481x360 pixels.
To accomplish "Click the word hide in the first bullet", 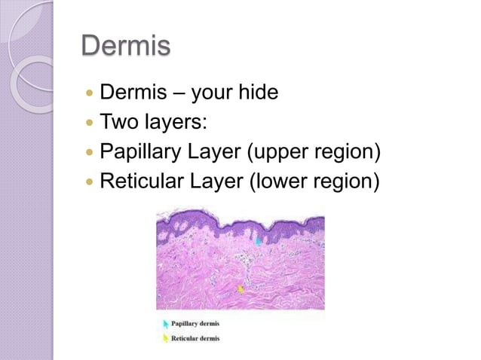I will [259, 93].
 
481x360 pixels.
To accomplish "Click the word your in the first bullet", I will [213, 93].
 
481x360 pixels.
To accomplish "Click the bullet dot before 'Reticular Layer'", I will [90, 183].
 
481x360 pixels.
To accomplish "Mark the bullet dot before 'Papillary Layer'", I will [90, 154].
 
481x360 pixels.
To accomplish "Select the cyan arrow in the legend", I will [165, 324].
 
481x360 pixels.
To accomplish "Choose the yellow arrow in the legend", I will [165, 338].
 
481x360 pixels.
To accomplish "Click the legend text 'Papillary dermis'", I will [196, 324].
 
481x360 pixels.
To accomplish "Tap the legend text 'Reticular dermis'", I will [196, 338].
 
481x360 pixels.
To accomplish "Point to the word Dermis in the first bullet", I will [127, 93].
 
